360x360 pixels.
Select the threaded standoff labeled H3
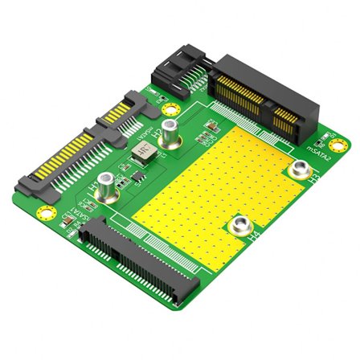pyautogui.click(x=300, y=169)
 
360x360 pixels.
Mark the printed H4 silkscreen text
pyautogui.click(x=254, y=238)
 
